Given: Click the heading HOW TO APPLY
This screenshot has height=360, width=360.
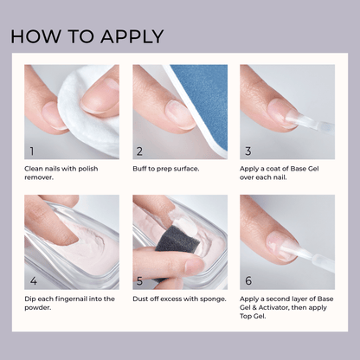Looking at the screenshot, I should pyautogui.click(x=87, y=36).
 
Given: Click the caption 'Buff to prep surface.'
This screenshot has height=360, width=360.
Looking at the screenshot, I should pyautogui.click(x=169, y=169).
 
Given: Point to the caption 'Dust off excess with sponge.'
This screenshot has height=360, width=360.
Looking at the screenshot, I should pyautogui.click(x=179, y=299).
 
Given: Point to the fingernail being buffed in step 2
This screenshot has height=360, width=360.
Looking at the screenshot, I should pyautogui.click(x=181, y=112).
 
